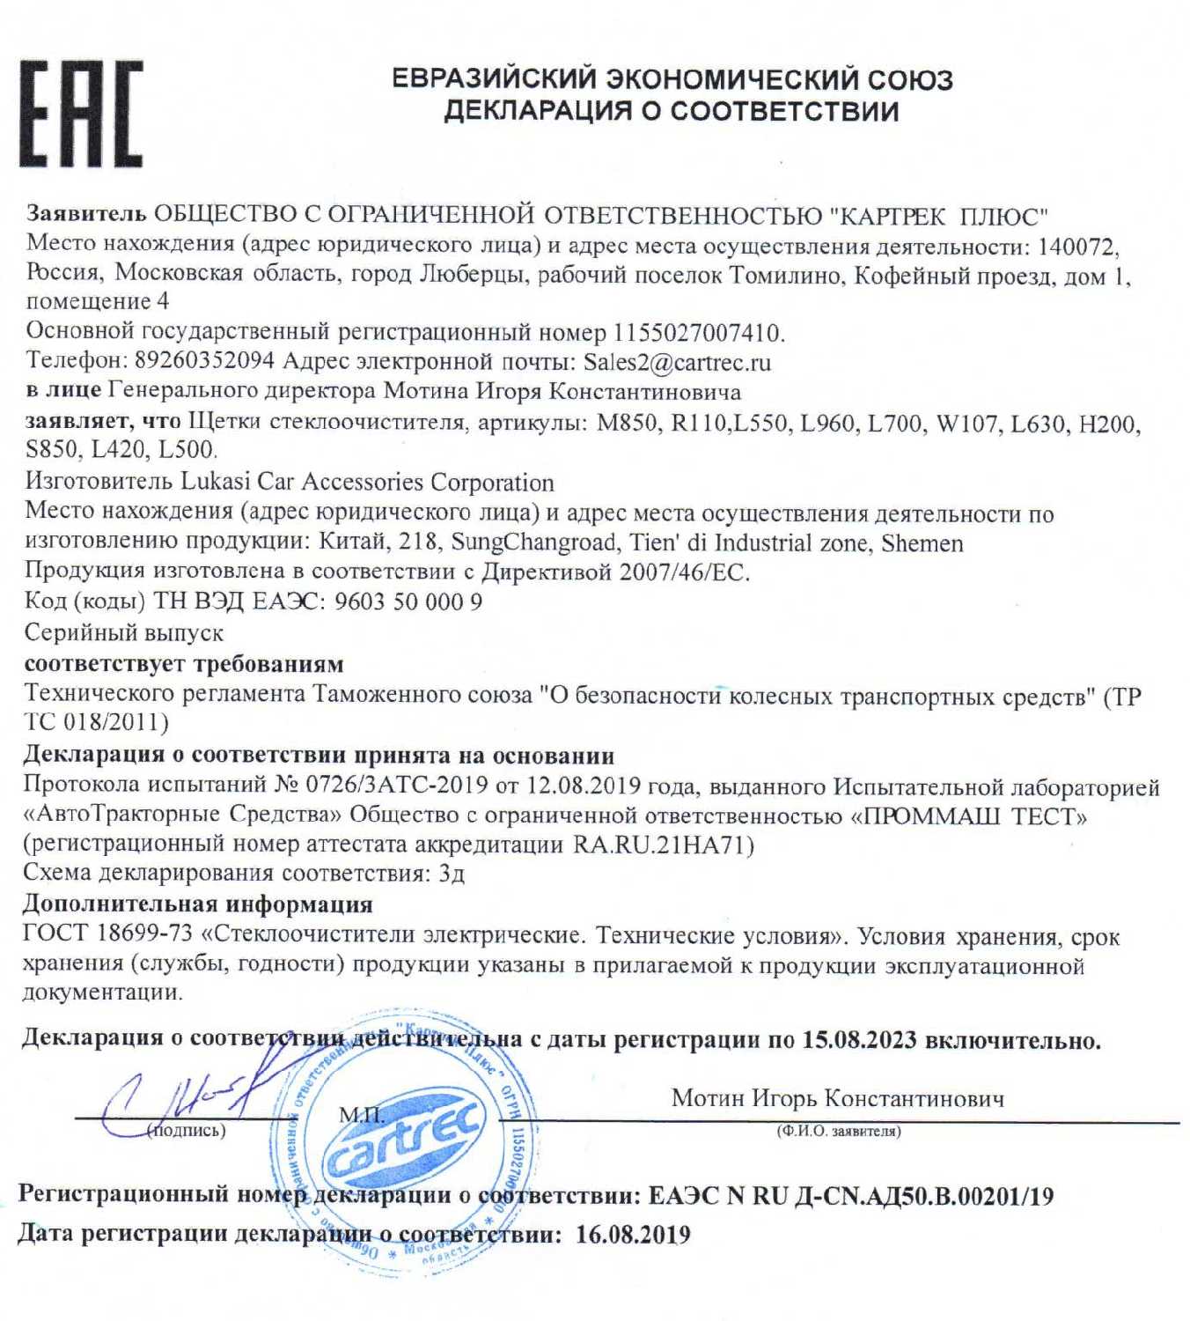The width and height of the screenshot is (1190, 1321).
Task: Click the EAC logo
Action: (x=81, y=114)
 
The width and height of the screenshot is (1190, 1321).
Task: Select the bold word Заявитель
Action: (x=85, y=214)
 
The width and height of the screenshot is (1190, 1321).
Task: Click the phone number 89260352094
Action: (x=203, y=362)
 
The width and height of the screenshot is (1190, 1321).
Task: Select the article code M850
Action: (x=627, y=424)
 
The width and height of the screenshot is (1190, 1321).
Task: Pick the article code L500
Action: (x=186, y=450)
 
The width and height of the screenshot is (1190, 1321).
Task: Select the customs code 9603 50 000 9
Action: (x=409, y=602)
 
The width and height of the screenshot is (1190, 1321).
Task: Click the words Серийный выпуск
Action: (x=124, y=632)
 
